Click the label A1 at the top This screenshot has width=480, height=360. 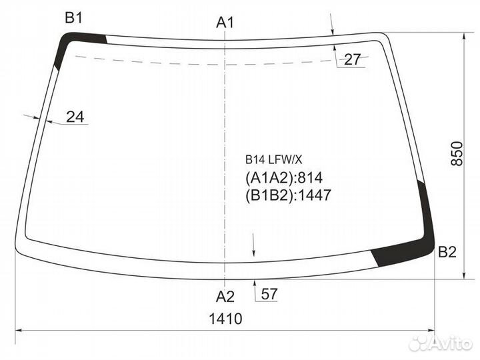pyautogui.click(x=225, y=22)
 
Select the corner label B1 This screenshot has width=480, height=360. pyautogui.click(x=73, y=18)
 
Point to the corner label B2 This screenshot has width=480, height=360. pyautogui.click(x=447, y=252)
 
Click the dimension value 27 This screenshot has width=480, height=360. pyautogui.click(x=352, y=59)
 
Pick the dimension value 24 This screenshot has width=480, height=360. pyautogui.click(x=75, y=117)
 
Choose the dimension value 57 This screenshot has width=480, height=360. pyautogui.click(x=270, y=294)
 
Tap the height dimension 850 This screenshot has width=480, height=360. pyautogui.click(x=457, y=155)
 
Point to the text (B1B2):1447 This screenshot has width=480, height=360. pyautogui.click(x=288, y=195)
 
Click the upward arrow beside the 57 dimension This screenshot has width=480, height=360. pyautogui.click(x=255, y=285)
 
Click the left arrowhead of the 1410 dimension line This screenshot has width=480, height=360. pyautogui.click(x=19, y=329)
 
